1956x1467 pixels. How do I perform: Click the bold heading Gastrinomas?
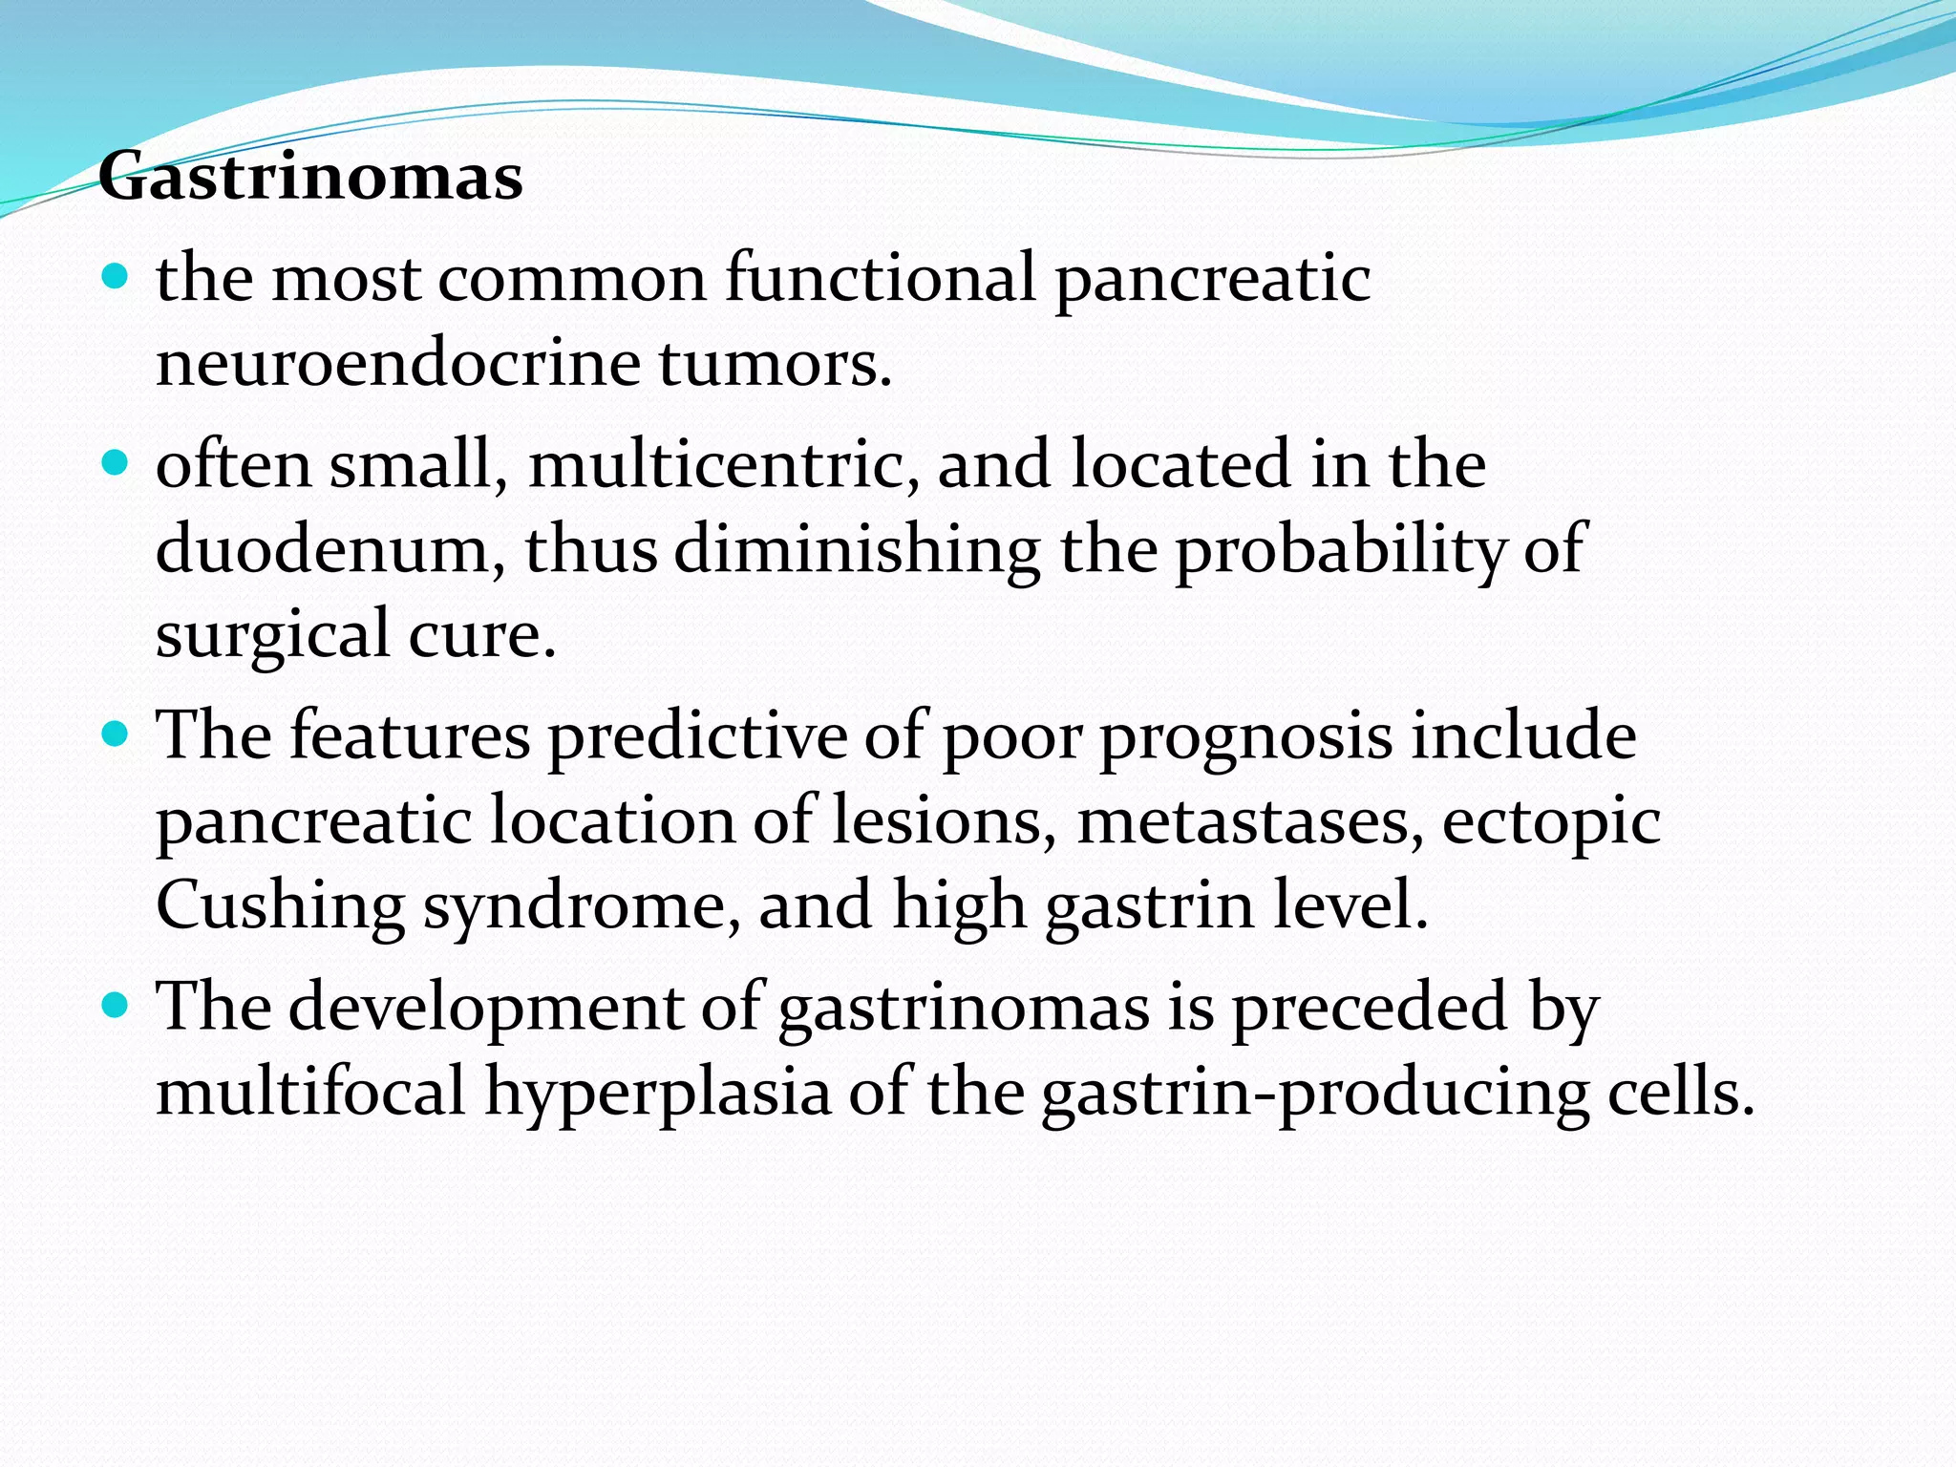tap(310, 178)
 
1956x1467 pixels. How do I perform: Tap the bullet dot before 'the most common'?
tap(114, 278)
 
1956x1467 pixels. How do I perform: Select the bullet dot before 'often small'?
tap(114, 464)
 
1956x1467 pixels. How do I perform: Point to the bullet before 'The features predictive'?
tap(114, 735)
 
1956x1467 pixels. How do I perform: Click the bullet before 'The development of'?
tap(114, 1006)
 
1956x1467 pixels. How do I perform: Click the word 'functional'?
tap(880, 279)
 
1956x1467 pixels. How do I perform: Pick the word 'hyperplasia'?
tap(658, 1093)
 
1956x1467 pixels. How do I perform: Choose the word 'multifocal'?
tap(310, 1092)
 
